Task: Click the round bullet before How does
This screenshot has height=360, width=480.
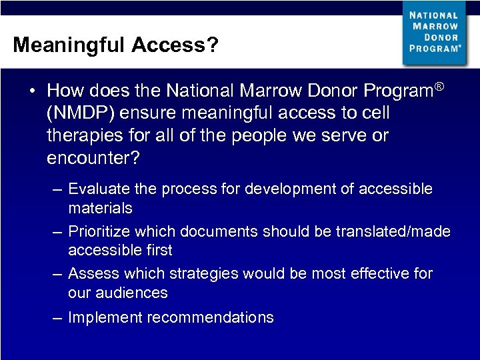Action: pyautogui.click(x=32, y=91)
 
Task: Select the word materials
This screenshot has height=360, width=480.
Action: pyautogui.click(x=100, y=208)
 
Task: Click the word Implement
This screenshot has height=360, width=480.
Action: pyautogui.click(x=105, y=317)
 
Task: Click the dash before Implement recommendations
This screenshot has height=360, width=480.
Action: pyautogui.click(x=58, y=317)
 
